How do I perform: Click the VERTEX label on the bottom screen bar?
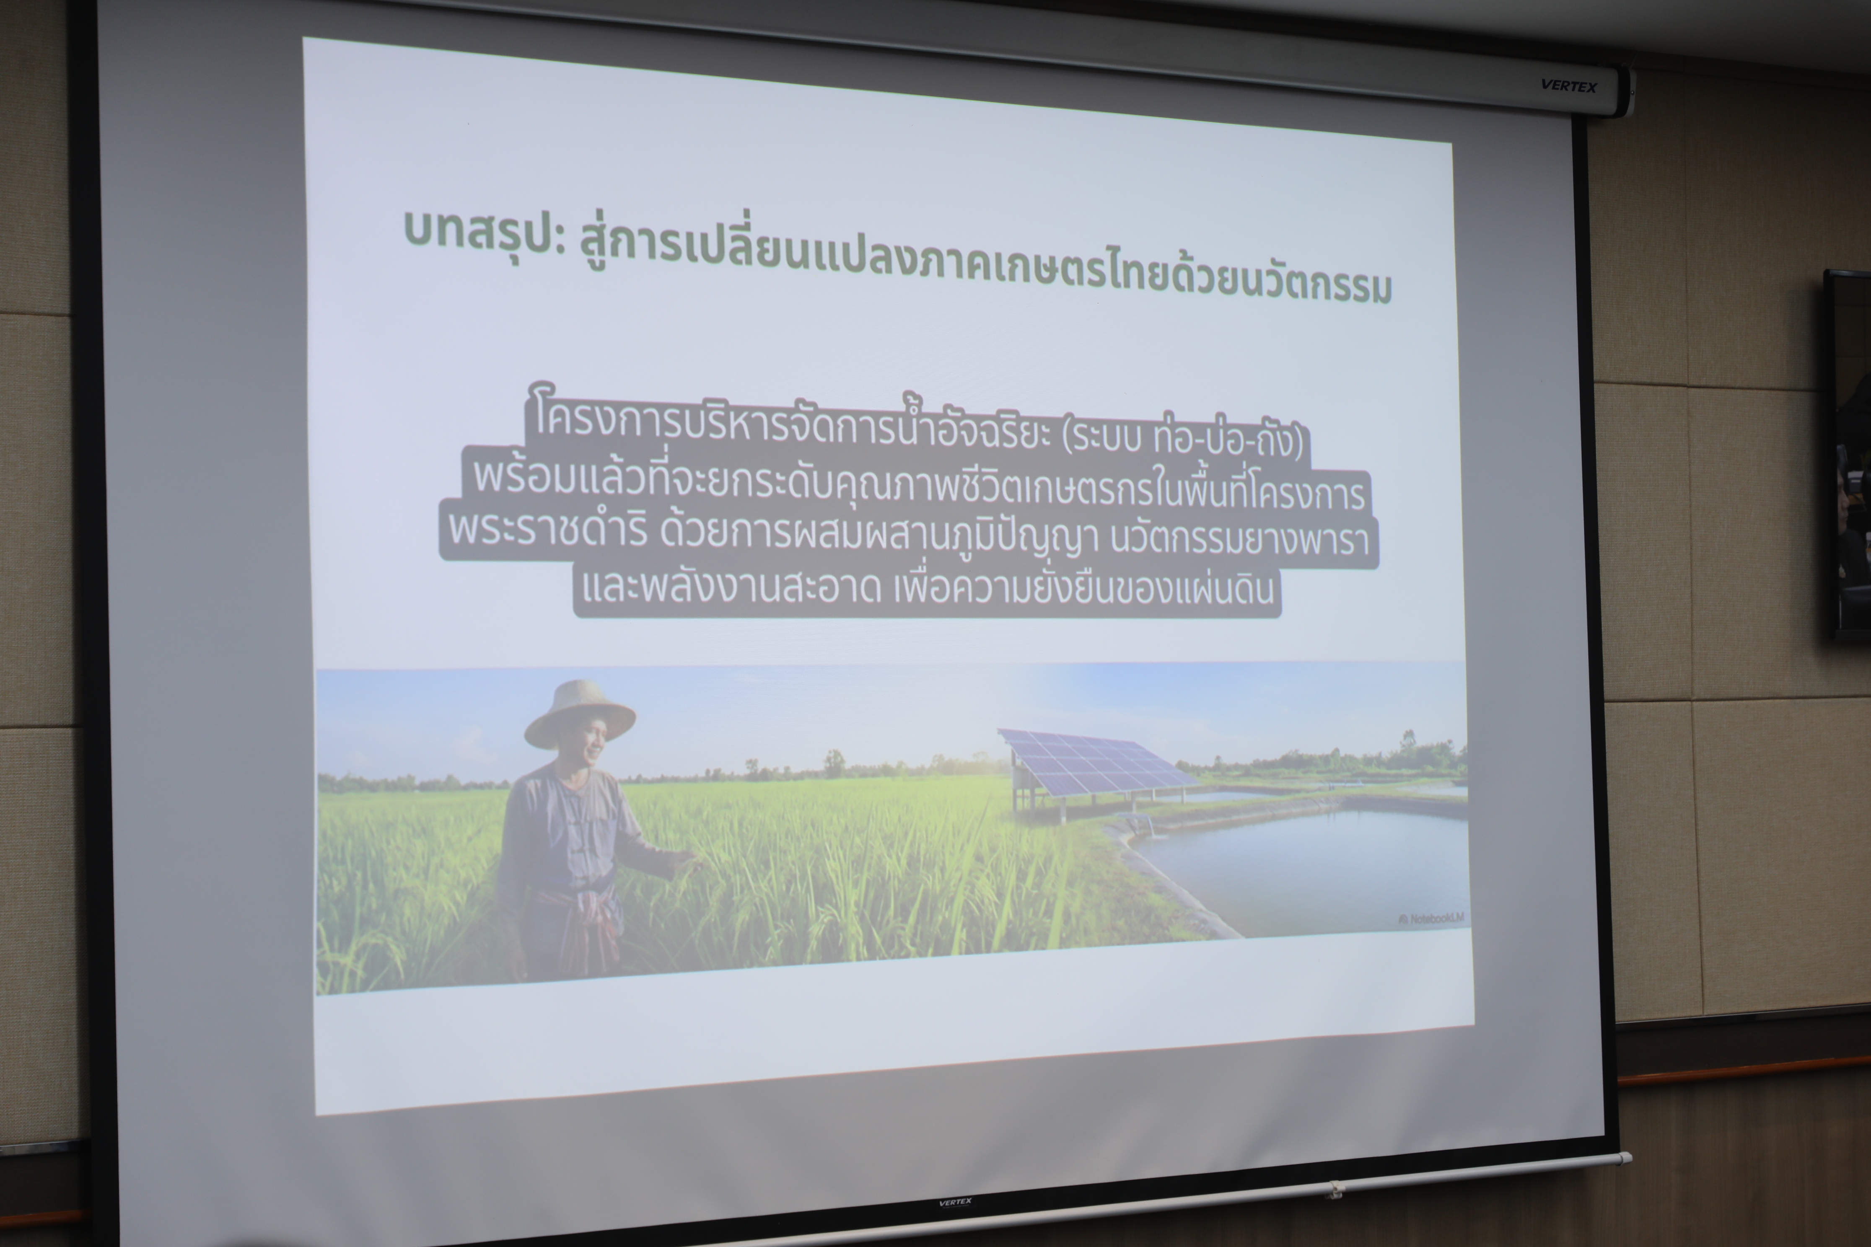pyautogui.click(x=955, y=1203)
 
